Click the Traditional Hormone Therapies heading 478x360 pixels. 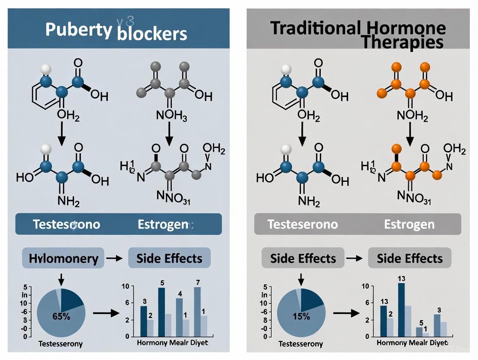358,34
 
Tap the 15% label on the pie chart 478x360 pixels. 301,316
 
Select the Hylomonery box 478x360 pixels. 63,259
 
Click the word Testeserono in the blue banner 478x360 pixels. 66,224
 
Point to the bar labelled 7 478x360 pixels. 197,312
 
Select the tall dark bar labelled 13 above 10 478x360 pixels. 401,309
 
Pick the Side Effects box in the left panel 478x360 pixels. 169,259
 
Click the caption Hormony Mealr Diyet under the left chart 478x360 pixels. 172,343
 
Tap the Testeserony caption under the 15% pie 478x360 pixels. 301,344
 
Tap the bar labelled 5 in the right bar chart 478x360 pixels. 419,331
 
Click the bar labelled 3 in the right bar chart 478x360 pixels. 437,325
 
